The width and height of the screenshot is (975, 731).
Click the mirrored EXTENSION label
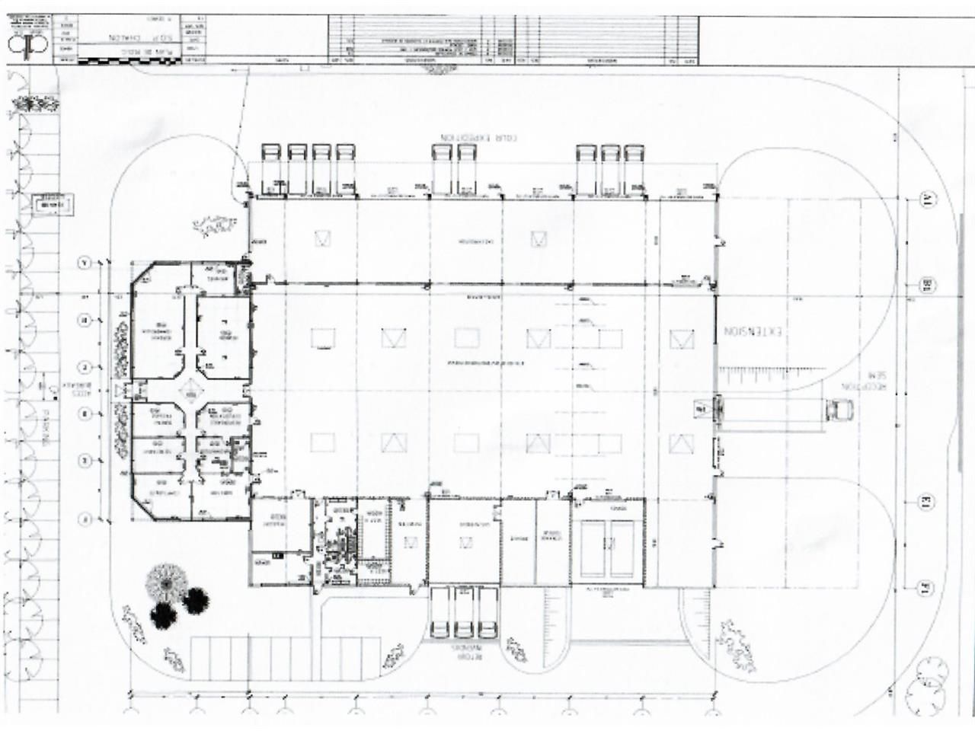tap(752, 334)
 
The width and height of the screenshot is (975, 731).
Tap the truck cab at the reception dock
tap(838, 410)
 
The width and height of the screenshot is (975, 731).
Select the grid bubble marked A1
tap(928, 200)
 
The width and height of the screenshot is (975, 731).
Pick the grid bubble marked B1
tap(928, 286)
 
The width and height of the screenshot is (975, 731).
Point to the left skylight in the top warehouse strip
tap(322, 238)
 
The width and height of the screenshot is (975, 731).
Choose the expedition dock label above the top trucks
tap(478, 138)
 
